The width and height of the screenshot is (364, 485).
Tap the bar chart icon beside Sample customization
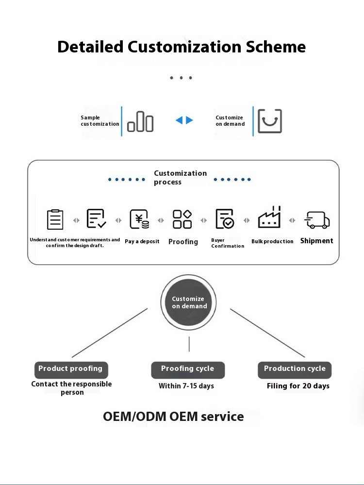(140, 121)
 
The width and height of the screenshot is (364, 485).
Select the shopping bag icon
(269, 121)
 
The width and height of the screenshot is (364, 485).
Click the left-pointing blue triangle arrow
(179, 120)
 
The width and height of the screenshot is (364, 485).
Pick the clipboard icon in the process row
(55, 219)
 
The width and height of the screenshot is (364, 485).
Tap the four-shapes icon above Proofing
(182, 219)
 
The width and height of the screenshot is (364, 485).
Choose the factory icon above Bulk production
(269, 218)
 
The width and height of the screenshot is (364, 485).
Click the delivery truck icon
(317, 220)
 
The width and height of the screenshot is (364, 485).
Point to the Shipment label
(316, 241)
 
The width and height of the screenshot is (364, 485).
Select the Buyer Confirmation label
(227, 243)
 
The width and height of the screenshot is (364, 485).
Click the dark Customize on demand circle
(189, 302)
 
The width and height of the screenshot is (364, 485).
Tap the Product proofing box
(71, 369)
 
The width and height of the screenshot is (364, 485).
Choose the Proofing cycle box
(188, 369)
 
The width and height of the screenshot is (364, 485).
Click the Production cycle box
(295, 369)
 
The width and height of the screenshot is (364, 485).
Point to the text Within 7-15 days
(186, 386)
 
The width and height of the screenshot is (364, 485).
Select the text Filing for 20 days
(298, 386)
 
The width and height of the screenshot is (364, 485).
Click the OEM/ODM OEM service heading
(173, 417)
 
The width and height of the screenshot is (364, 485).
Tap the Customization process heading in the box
(180, 178)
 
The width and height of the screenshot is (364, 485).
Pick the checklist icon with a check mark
(96, 219)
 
